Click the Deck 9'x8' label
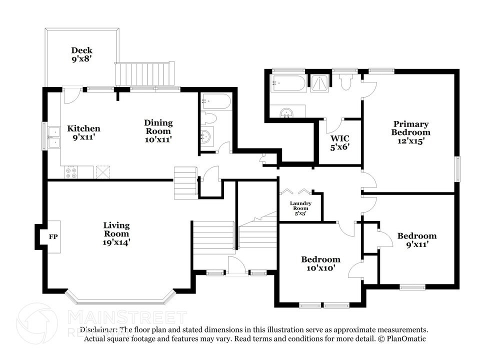81,54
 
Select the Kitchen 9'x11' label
83,132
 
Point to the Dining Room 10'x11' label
158,131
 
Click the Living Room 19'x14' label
116,233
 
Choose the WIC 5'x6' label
339,142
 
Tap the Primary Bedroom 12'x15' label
410,132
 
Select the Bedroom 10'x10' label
320,263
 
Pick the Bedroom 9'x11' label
416,240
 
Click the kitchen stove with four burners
71,172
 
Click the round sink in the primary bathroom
286,112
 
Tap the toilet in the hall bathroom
209,119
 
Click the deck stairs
145,74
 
